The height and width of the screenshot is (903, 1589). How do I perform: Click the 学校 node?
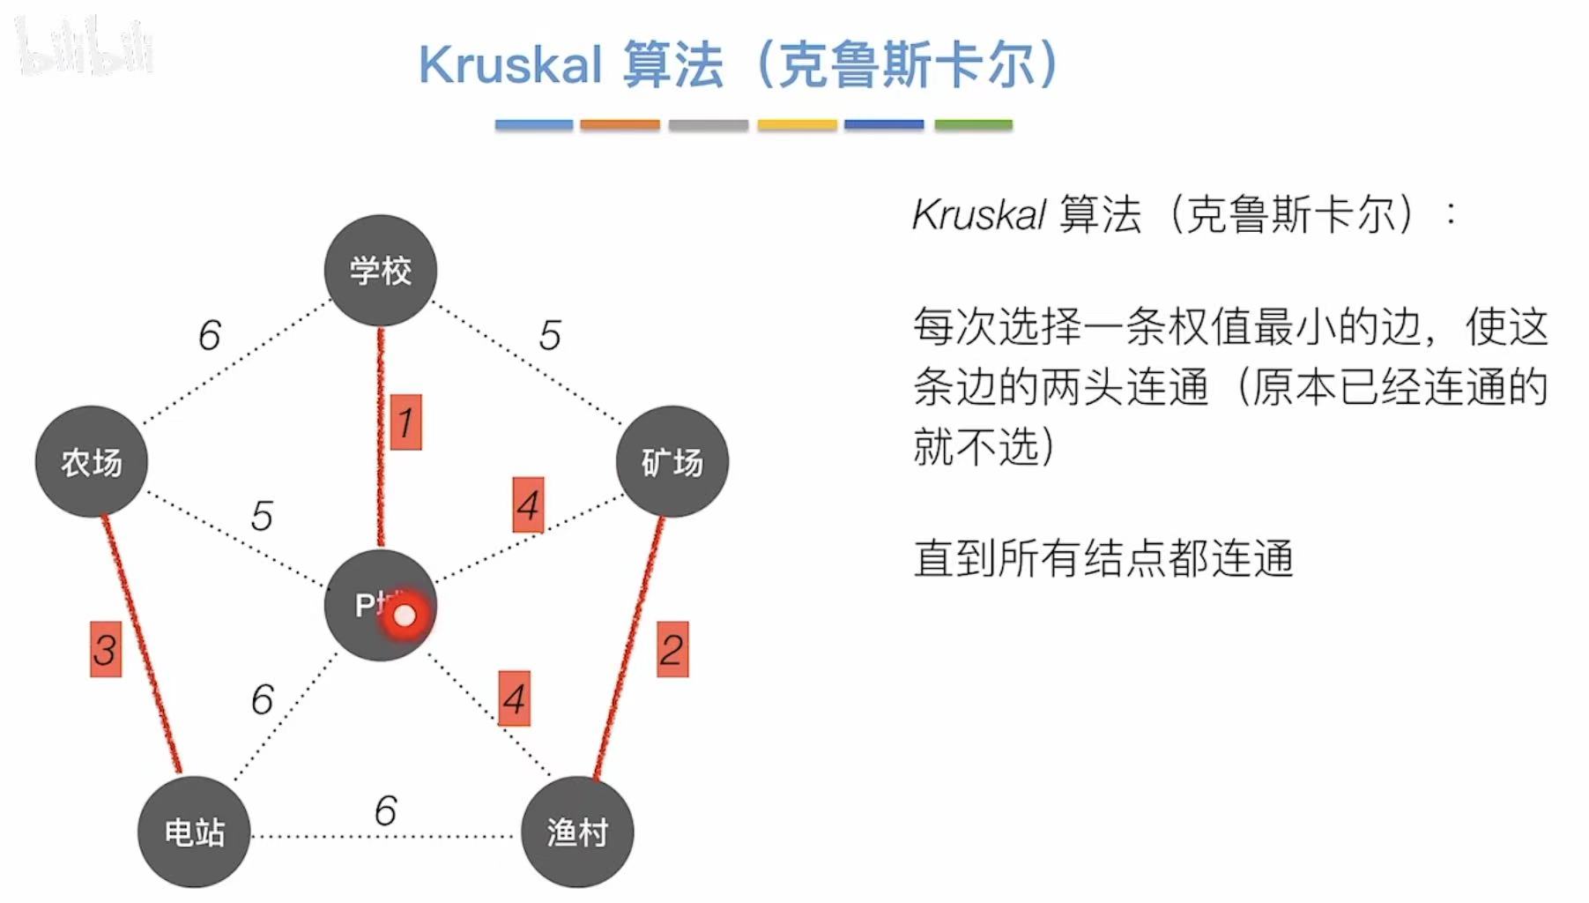tap(381, 270)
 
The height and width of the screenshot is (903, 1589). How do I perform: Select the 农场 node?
tap(92, 461)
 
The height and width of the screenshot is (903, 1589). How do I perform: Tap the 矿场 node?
tap(672, 461)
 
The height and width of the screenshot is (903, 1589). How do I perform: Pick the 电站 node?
tap(194, 832)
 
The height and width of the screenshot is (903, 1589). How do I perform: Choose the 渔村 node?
tap(577, 832)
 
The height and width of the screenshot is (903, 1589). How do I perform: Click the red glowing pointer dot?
tap(405, 616)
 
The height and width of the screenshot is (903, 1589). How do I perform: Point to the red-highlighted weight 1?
tap(405, 422)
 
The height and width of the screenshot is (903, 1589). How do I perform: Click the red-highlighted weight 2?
tap(672, 650)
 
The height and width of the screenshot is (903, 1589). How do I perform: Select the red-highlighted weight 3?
tap(105, 650)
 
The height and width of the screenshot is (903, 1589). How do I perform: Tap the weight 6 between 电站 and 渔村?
tap(385, 810)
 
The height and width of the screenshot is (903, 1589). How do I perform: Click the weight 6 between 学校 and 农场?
tap(209, 335)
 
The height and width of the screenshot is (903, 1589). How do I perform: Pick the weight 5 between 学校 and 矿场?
tap(550, 335)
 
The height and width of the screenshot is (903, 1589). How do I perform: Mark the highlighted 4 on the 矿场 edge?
tap(528, 505)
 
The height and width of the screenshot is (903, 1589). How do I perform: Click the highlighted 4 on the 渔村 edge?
tap(514, 698)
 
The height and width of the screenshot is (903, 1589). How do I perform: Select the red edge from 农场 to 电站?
tap(141, 644)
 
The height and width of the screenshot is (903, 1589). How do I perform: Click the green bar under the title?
tap(973, 125)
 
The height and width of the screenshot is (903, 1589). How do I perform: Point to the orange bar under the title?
tap(620, 125)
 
